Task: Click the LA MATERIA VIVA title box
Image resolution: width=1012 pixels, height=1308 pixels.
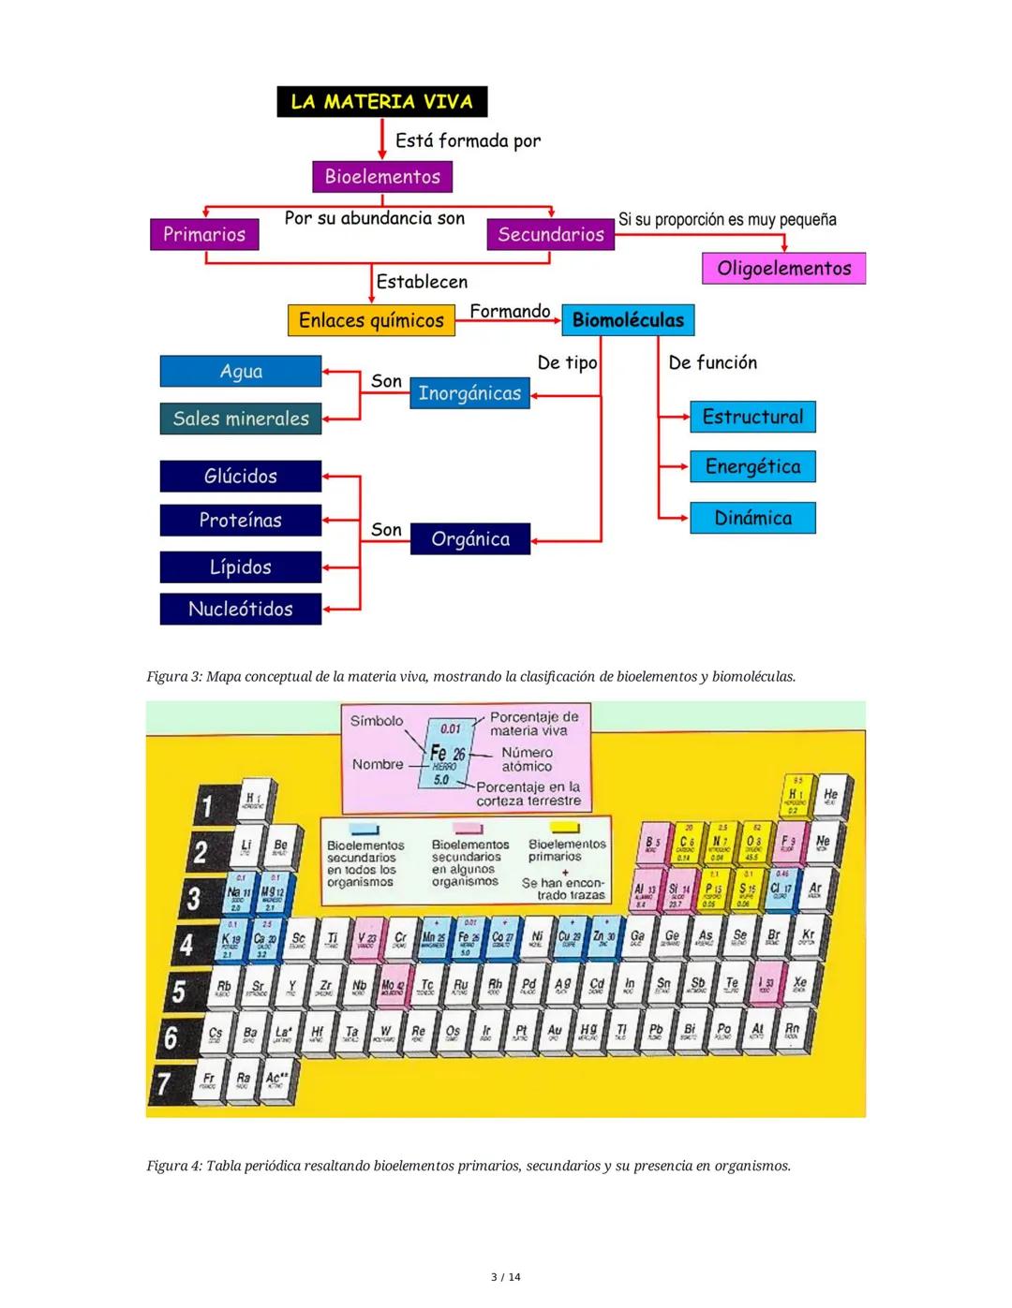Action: click(x=381, y=101)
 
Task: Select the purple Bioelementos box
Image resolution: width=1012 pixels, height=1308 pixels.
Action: click(x=382, y=176)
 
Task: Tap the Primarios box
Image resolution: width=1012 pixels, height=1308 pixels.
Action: click(x=203, y=234)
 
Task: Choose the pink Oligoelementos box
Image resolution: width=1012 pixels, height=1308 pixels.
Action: click(x=783, y=269)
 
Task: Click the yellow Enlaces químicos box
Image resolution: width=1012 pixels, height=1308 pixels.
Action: click(x=371, y=320)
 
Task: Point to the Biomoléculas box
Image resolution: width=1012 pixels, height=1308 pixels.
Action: click(x=628, y=320)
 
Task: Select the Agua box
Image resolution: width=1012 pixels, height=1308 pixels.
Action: click(x=241, y=372)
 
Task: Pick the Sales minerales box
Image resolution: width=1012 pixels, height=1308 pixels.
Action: click(x=241, y=419)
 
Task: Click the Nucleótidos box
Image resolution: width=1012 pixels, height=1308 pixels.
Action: click(x=241, y=609)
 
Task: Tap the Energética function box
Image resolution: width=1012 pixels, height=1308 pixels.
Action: click(x=752, y=466)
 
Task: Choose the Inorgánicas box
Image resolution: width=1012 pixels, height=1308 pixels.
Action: click(x=469, y=393)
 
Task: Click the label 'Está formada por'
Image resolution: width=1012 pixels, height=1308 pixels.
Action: click(x=468, y=141)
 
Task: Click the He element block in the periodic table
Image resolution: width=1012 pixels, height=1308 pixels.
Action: click(x=830, y=796)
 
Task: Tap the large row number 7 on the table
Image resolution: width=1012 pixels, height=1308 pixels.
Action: click(x=164, y=1083)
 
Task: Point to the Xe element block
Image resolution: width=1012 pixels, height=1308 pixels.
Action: click(x=799, y=985)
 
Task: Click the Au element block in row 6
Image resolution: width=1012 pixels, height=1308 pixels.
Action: click(x=555, y=1033)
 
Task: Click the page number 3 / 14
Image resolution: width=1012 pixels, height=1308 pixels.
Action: click(x=506, y=1277)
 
